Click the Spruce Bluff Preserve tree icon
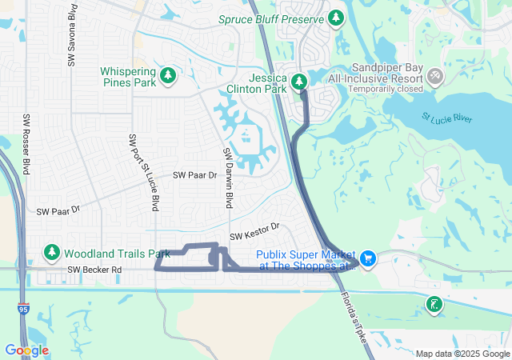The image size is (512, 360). point(336,18)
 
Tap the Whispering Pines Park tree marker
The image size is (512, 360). point(167,76)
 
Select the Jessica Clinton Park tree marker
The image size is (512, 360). point(299,82)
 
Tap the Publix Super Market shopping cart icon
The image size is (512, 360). point(368,259)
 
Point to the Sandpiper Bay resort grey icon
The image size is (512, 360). point(435,76)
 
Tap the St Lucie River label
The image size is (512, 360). point(446,118)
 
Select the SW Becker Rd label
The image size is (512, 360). point(94,270)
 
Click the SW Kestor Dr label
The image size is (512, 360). point(254,232)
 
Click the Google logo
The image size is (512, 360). point(26,350)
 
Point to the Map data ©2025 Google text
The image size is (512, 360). point(462,354)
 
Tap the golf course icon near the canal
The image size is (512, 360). point(434,304)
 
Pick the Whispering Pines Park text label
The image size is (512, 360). point(128,77)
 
